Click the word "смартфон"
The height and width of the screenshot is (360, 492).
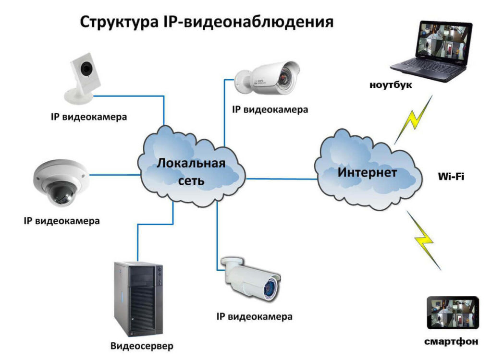[x=451, y=342]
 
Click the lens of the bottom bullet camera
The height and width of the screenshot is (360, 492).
[x=271, y=288]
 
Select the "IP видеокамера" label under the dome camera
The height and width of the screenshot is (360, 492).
[x=62, y=221]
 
